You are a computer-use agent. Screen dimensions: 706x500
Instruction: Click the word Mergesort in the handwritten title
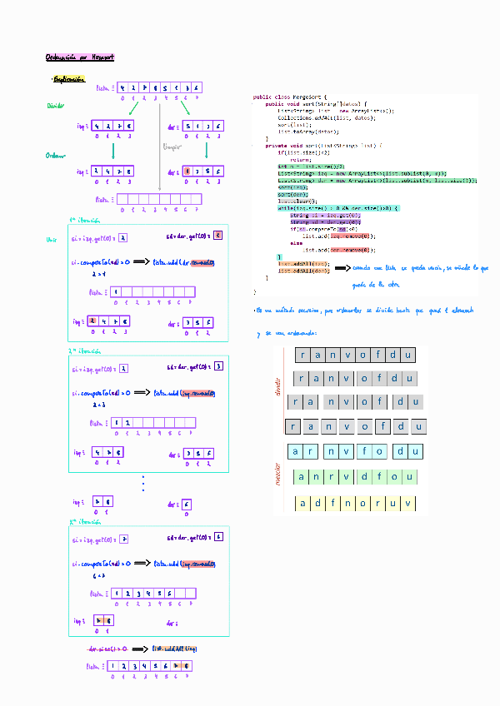pyautogui.click(x=99, y=57)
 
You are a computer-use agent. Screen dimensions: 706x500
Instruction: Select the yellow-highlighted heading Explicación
pyautogui.click(x=69, y=79)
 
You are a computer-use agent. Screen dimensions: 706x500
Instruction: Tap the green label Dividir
pyautogui.click(x=56, y=106)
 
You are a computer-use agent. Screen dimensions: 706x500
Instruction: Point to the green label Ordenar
pyautogui.click(x=56, y=155)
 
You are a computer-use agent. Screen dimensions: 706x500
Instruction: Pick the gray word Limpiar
pyautogui.click(x=172, y=147)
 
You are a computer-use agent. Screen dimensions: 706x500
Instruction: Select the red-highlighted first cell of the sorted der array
pyautogui.click(x=187, y=172)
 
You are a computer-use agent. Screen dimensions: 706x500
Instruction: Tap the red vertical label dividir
pyautogui.click(x=278, y=387)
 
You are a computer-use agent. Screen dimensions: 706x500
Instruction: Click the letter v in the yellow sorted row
pyautogui.click(x=407, y=504)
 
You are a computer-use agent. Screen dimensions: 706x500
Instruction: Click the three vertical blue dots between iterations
pyautogui.click(x=143, y=483)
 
